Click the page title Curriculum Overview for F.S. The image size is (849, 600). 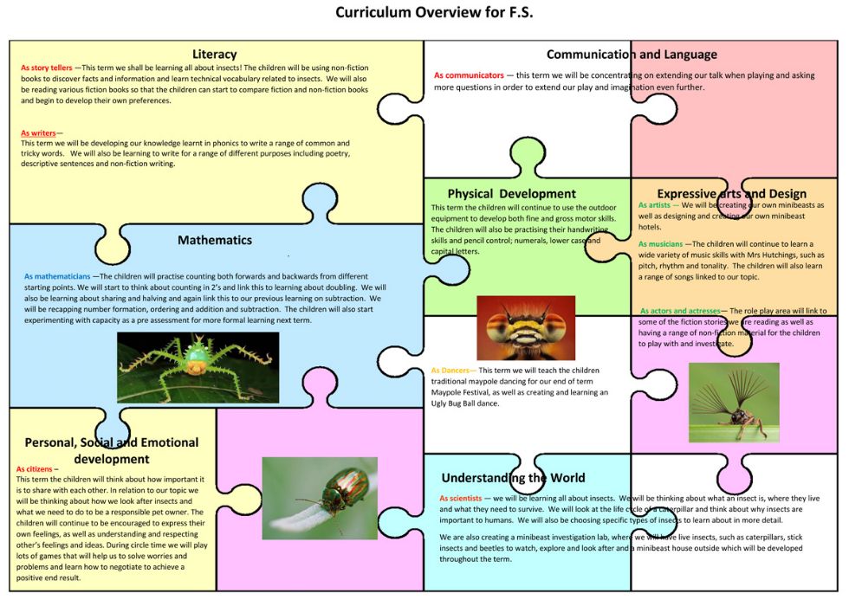(x=434, y=12)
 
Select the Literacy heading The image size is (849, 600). (x=215, y=54)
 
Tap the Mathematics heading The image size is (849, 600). (x=215, y=240)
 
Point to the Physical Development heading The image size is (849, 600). (x=512, y=194)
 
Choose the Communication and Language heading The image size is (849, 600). (x=632, y=55)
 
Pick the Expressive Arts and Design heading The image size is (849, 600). (x=731, y=194)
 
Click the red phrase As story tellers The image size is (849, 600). (x=47, y=68)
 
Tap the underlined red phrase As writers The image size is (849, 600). (x=38, y=133)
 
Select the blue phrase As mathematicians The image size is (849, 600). (x=57, y=276)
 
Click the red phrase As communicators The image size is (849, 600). (x=469, y=75)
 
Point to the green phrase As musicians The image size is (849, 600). (x=660, y=244)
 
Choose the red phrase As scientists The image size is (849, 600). (x=460, y=499)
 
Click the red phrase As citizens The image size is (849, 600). (x=34, y=469)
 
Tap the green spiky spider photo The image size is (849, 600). (x=198, y=367)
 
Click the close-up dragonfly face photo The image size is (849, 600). (x=526, y=328)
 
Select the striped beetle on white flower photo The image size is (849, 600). (x=320, y=499)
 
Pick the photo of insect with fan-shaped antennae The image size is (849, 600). (x=734, y=403)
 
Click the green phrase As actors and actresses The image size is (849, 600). (x=680, y=311)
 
